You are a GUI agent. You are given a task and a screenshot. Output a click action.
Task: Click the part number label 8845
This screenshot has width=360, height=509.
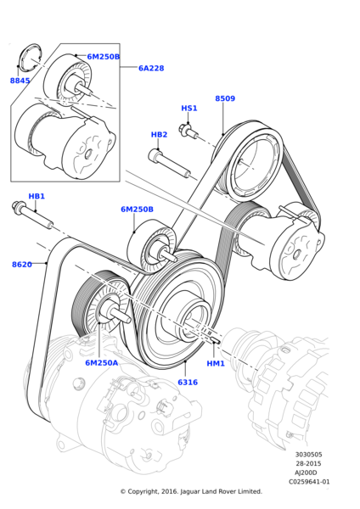(20, 81)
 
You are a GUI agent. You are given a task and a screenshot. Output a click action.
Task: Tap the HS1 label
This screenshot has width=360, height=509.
(188, 109)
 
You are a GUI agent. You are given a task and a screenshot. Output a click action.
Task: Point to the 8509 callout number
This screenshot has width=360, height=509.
(225, 98)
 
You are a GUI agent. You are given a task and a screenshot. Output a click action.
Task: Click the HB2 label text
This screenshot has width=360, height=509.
(159, 135)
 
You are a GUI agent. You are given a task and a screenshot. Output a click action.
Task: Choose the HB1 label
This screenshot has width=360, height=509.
(37, 196)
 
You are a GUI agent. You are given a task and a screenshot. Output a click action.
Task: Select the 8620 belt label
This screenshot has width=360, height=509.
(22, 265)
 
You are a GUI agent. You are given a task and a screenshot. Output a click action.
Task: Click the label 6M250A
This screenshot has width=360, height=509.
(102, 362)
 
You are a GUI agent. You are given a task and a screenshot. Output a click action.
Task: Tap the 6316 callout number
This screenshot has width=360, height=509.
(187, 383)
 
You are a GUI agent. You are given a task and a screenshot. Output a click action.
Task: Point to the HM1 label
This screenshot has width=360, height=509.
(216, 363)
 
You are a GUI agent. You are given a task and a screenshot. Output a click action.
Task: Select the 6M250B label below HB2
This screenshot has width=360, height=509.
(137, 209)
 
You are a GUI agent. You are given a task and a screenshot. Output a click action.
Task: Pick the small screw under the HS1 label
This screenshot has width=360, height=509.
(188, 130)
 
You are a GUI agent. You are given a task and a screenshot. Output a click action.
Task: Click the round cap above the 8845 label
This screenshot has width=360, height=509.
(29, 58)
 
